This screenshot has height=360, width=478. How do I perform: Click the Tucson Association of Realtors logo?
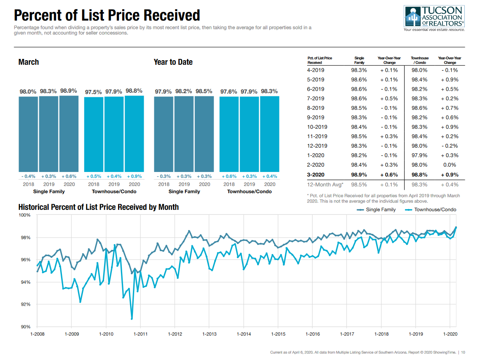[434, 19]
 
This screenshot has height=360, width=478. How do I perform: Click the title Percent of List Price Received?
[107, 15]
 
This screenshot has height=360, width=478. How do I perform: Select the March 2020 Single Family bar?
[69, 134]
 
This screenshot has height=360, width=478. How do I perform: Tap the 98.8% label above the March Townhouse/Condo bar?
[134, 91]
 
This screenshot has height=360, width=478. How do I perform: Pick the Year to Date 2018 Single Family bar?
[164, 134]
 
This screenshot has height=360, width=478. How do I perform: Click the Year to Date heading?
[173, 62]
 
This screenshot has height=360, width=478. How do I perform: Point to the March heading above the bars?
[28, 62]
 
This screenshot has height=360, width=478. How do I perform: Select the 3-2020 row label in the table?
[316, 174]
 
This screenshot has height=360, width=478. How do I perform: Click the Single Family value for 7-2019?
[359, 99]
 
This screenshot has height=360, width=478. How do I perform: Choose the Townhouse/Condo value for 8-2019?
[419, 108]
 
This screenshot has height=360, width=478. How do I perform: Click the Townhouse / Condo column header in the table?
[419, 60]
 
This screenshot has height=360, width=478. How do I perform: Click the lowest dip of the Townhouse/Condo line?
[132, 318]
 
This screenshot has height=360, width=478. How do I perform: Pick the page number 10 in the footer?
[463, 352]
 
